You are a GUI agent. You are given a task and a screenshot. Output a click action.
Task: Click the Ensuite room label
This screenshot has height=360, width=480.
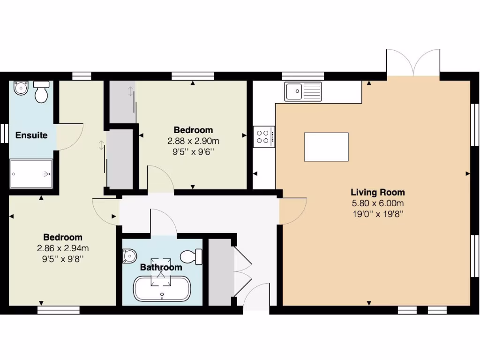[31, 135]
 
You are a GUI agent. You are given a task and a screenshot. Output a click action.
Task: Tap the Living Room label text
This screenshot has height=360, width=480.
[377, 192]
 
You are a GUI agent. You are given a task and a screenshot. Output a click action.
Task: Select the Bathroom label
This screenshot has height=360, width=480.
[161, 267]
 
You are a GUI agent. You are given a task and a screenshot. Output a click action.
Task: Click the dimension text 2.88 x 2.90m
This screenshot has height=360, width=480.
[193, 141]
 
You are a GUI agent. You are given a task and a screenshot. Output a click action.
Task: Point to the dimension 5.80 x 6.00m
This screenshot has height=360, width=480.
[377, 203]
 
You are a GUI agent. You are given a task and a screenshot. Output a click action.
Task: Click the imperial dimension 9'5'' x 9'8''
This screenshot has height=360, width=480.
[63, 258]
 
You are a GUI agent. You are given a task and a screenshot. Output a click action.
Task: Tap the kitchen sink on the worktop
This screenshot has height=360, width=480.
[303, 91]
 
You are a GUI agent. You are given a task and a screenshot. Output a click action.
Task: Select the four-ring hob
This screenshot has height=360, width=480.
[264, 136]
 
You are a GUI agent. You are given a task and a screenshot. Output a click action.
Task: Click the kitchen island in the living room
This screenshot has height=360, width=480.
[326, 147]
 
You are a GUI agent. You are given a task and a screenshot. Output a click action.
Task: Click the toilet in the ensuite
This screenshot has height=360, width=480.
[42, 92]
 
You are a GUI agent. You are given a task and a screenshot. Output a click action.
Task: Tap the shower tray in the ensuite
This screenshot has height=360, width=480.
[31, 173]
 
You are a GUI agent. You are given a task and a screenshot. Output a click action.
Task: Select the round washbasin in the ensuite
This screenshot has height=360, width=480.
[21, 88]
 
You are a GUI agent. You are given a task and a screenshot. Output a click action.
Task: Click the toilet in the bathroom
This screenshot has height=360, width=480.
[191, 257]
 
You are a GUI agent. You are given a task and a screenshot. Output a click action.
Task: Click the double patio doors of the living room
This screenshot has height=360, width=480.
[413, 63]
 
